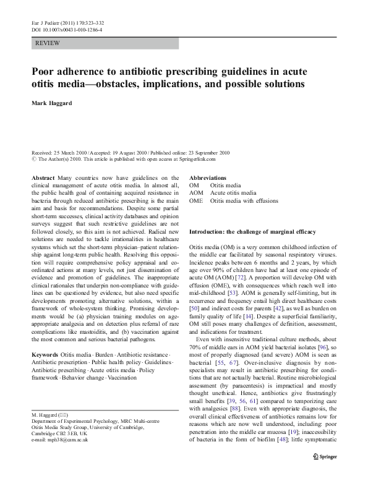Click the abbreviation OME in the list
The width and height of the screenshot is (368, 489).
[x=196, y=201]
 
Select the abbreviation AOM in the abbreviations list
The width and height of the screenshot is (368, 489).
[x=196, y=193]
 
